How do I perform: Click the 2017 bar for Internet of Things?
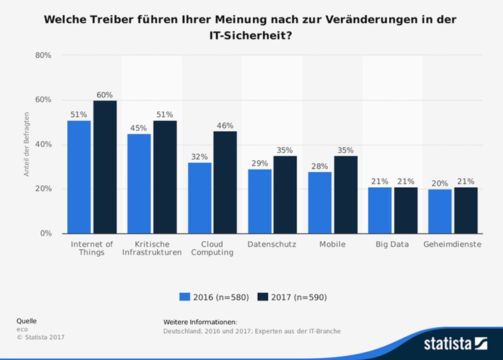point(105,167)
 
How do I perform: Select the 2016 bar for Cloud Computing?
point(199,198)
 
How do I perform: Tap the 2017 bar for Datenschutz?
point(285,195)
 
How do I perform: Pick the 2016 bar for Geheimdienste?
point(440,211)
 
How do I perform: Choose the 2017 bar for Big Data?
point(406,210)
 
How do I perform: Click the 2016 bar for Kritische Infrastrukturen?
point(139,183)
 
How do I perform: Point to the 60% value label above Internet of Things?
point(104,95)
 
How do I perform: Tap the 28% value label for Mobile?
point(319,166)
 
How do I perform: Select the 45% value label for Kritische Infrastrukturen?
point(139,128)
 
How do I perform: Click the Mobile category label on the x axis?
point(332,244)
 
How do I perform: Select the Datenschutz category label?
point(272,244)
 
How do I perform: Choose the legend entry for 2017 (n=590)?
point(292,297)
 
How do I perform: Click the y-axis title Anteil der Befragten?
point(27,145)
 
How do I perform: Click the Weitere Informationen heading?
point(200,322)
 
